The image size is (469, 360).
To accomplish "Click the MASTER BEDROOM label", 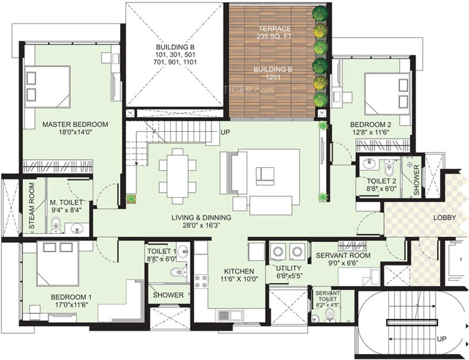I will point(75,124).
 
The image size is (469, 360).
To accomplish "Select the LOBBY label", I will point(444,218).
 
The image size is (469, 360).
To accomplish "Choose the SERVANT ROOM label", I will point(343,255).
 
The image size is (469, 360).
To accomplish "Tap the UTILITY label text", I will point(288,268).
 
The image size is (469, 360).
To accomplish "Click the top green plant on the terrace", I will point(320,13).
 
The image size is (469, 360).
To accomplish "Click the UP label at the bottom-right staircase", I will point(442,340).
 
